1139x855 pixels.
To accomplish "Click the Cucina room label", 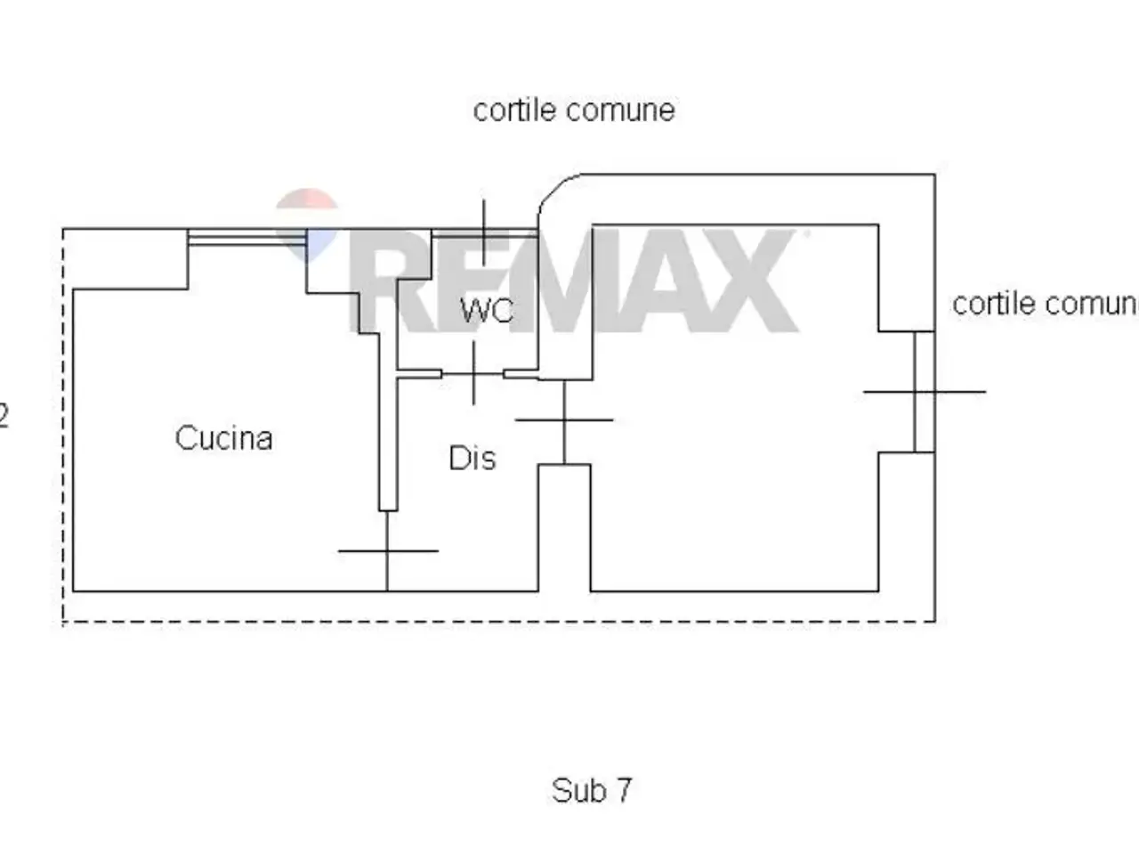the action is (x=223, y=438).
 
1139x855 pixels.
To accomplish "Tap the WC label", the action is (x=487, y=311).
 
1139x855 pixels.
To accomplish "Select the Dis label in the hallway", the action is (x=473, y=458).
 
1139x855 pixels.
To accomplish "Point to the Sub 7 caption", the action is (x=592, y=790).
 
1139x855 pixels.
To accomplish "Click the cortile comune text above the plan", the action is (x=574, y=110).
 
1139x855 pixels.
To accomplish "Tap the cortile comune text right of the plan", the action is (x=1045, y=304).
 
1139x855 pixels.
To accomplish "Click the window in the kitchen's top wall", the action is (x=247, y=237).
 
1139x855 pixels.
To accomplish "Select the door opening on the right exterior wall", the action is (x=925, y=392).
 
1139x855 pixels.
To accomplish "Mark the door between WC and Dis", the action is (x=473, y=374).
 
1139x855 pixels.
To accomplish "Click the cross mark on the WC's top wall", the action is (x=484, y=232).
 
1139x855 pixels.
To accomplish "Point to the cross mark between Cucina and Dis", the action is (x=388, y=550).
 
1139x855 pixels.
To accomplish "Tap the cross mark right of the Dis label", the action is (x=564, y=420).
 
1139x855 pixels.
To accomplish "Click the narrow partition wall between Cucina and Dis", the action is (x=388, y=421).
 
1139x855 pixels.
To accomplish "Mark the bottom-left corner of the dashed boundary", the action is (x=63, y=622).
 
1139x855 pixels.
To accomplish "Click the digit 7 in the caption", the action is (x=624, y=790).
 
